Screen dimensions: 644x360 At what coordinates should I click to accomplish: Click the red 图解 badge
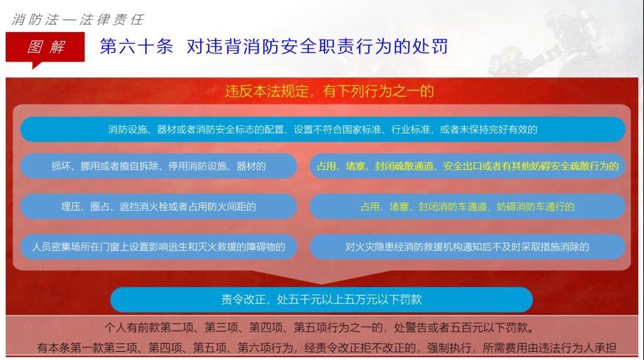click(x=45, y=47)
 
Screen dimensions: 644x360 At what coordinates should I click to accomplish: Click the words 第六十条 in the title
click(x=136, y=46)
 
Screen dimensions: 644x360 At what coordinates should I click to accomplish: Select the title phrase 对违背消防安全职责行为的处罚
click(x=317, y=46)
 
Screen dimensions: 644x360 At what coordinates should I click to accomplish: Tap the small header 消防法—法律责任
click(x=77, y=20)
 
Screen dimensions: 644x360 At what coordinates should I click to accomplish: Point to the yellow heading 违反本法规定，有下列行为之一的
click(x=330, y=91)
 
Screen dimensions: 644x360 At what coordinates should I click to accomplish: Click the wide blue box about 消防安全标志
click(x=323, y=130)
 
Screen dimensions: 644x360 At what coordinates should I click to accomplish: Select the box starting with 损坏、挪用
click(x=158, y=166)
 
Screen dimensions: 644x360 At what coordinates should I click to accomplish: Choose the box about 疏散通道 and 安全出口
click(x=467, y=166)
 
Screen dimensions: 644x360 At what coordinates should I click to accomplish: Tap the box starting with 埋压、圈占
click(x=158, y=206)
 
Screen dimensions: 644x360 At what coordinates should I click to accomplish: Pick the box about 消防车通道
click(x=467, y=206)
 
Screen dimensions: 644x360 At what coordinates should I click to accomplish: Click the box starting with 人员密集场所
click(x=158, y=247)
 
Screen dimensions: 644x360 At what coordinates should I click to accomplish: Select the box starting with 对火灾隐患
click(x=467, y=247)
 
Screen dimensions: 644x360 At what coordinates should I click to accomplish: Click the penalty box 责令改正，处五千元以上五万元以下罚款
click(x=321, y=300)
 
